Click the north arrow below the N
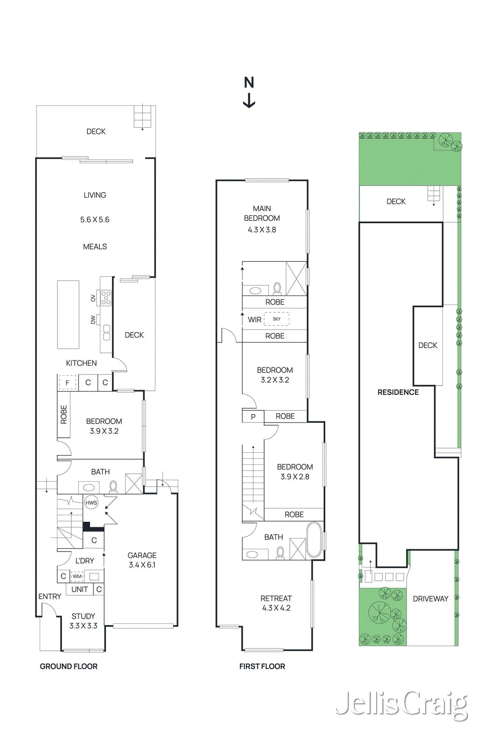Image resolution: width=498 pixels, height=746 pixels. tap(249, 101)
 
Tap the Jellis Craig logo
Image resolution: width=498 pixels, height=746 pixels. tap(401, 705)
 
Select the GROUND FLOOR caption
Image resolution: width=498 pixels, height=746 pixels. tap(69, 666)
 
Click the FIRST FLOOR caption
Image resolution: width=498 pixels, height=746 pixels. tap(262, 666)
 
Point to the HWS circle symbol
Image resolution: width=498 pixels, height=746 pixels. tap(91, 503)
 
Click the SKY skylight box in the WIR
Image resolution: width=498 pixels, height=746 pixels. tap(277, 319)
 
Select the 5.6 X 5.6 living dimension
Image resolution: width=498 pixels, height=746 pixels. tap(95, 220)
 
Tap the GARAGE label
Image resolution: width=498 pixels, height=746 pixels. tap(142, 555)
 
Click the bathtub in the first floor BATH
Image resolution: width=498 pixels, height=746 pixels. tap(314, 540)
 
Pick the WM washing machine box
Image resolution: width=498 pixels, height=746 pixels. tap(77, 576)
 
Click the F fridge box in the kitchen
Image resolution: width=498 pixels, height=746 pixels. tap(67, 383)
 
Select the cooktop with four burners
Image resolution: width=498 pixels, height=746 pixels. tap(106, 297)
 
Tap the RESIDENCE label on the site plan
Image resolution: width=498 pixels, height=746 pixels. tap(398, 392)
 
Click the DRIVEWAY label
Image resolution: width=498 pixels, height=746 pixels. tap(430, 599)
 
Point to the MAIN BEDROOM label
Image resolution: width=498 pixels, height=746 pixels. tap(262, 213)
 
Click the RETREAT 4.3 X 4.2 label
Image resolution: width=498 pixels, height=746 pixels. tap(276, 603)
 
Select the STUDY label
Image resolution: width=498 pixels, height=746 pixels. tap(83, 616)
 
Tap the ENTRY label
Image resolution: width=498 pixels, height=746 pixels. tap(49, 596)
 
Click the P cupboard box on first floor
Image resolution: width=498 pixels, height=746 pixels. tap(253, 417)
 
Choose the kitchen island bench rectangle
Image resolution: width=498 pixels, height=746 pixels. tap(68, 314)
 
